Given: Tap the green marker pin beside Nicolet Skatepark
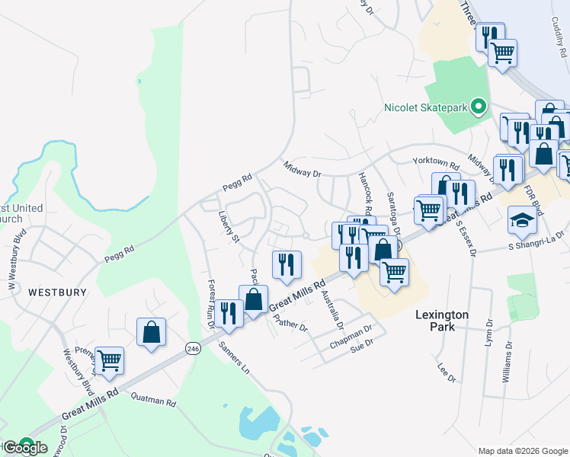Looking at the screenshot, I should pos(479,107).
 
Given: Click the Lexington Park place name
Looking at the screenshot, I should pos(442,321).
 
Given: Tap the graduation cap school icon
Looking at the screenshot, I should pos(522,220).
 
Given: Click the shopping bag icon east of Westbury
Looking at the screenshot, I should pos(151,332).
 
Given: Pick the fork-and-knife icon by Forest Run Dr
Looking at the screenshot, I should pos(229,312).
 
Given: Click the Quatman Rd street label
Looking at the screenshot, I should pos(153,400).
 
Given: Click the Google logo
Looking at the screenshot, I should pos(25,447).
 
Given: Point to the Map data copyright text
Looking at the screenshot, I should pos(523,451).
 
